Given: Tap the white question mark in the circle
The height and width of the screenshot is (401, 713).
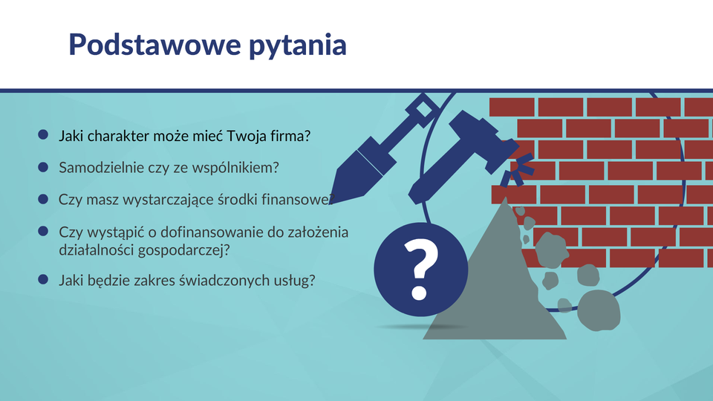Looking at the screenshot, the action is click(420, 270).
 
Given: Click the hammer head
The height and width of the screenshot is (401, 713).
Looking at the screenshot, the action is click(483, 140).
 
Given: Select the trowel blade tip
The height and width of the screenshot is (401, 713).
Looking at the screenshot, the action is click(330, 203).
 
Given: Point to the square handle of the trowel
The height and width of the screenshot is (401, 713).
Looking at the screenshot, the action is click(423, 111).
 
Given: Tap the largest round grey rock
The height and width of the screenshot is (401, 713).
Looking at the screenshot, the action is click(599, 310).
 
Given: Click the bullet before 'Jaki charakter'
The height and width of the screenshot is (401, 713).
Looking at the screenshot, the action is click(43, 134).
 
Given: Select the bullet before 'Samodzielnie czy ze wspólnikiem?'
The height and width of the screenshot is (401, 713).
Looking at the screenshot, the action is click(43, 167).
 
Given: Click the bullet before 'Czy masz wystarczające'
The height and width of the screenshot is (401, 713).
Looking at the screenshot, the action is click(43, 199).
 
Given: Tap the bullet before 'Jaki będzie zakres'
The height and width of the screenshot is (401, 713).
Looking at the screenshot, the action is click(43, 279).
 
